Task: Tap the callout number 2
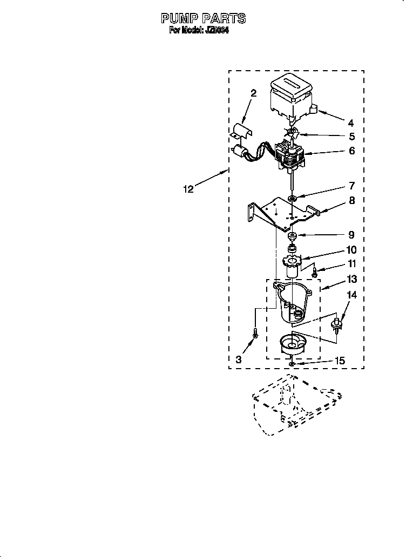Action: click(253, 93)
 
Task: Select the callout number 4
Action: click(350, 123)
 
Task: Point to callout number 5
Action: click(351, 137)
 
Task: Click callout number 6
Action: click(351, 151)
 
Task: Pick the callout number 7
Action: click(351, 186)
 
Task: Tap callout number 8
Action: click(351, 200)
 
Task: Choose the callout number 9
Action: click(351, 235)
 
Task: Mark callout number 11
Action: click(351, 264)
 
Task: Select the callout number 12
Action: click(188, 189)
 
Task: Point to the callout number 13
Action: click(351, 279)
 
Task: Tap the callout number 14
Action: click(351, 295)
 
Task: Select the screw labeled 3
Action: click(255, 335)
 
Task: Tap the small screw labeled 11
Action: click(315, 271)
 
